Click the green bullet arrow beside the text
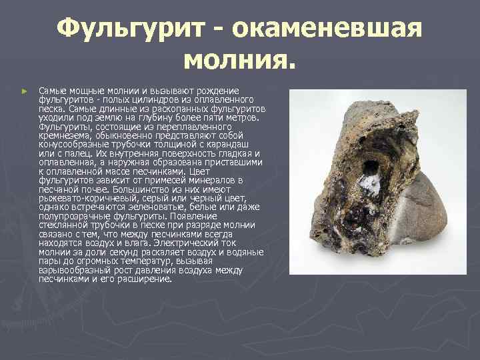(24, 90)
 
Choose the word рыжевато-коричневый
(83, 199)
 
